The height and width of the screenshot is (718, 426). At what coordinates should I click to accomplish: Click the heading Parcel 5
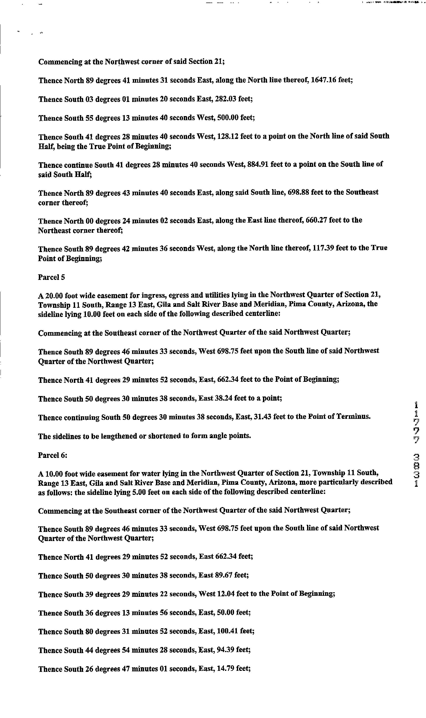[51, 277]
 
